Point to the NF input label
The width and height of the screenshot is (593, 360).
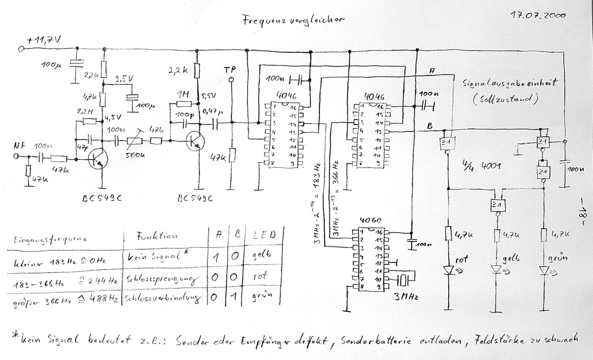[19, 147]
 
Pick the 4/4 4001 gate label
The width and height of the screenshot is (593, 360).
[484, 165]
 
